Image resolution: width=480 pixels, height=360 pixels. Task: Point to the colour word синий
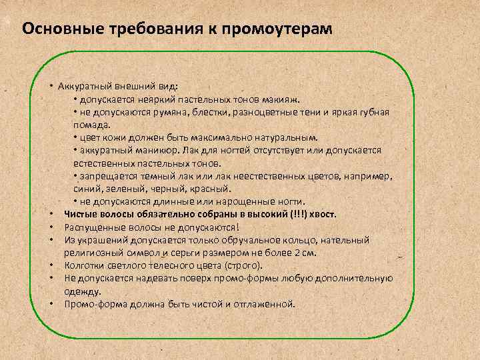(x=86, y=189)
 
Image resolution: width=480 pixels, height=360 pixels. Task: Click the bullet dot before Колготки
(x=51, y=266)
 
